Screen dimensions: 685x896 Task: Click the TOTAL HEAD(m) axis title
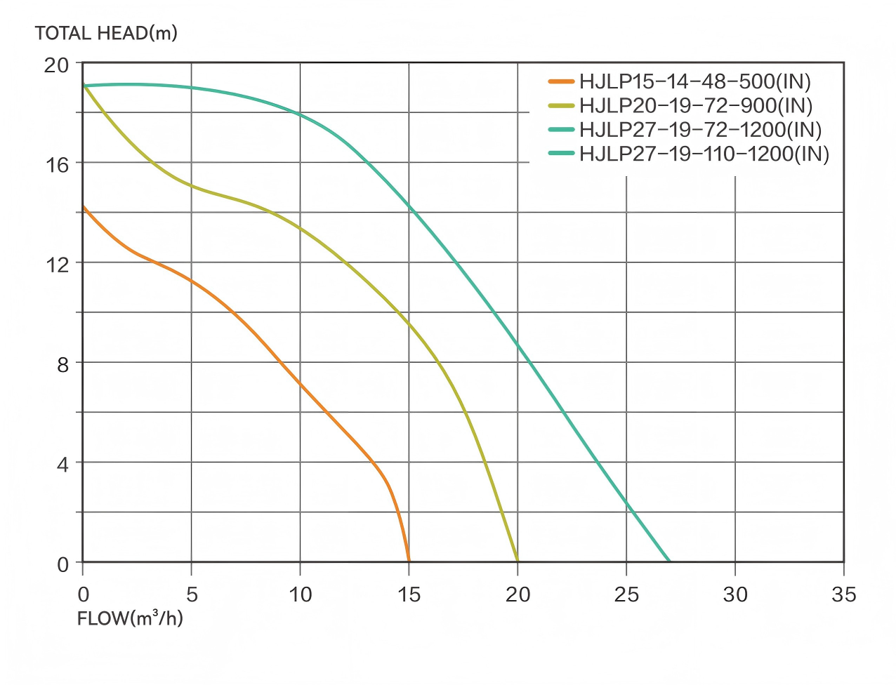[106, 33]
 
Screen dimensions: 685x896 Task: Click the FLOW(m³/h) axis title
[130, 619]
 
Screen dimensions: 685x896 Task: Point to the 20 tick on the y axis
[57, 65]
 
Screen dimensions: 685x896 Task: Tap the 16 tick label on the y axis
[57, 165]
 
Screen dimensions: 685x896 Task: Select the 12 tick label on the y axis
[57, 265]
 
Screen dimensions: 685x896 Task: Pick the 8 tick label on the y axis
[62, 364]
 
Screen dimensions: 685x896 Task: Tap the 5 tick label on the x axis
[192, 594]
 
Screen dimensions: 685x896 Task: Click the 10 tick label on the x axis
[301, 594]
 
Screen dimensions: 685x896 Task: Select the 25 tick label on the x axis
[626, 594]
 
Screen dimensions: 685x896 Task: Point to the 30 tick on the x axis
[735, 594]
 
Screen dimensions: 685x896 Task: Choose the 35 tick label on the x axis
[843, 594]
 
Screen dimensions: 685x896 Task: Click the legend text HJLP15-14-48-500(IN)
[695, 81]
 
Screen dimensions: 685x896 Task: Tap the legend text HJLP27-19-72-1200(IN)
[700, 129]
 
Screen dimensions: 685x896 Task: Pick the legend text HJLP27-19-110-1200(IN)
[704, 153]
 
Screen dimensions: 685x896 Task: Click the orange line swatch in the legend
[562, 81]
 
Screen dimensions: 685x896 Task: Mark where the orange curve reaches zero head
[409, 561]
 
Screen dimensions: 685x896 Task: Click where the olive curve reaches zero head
[518, 561]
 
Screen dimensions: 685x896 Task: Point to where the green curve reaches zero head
[670, 561]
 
